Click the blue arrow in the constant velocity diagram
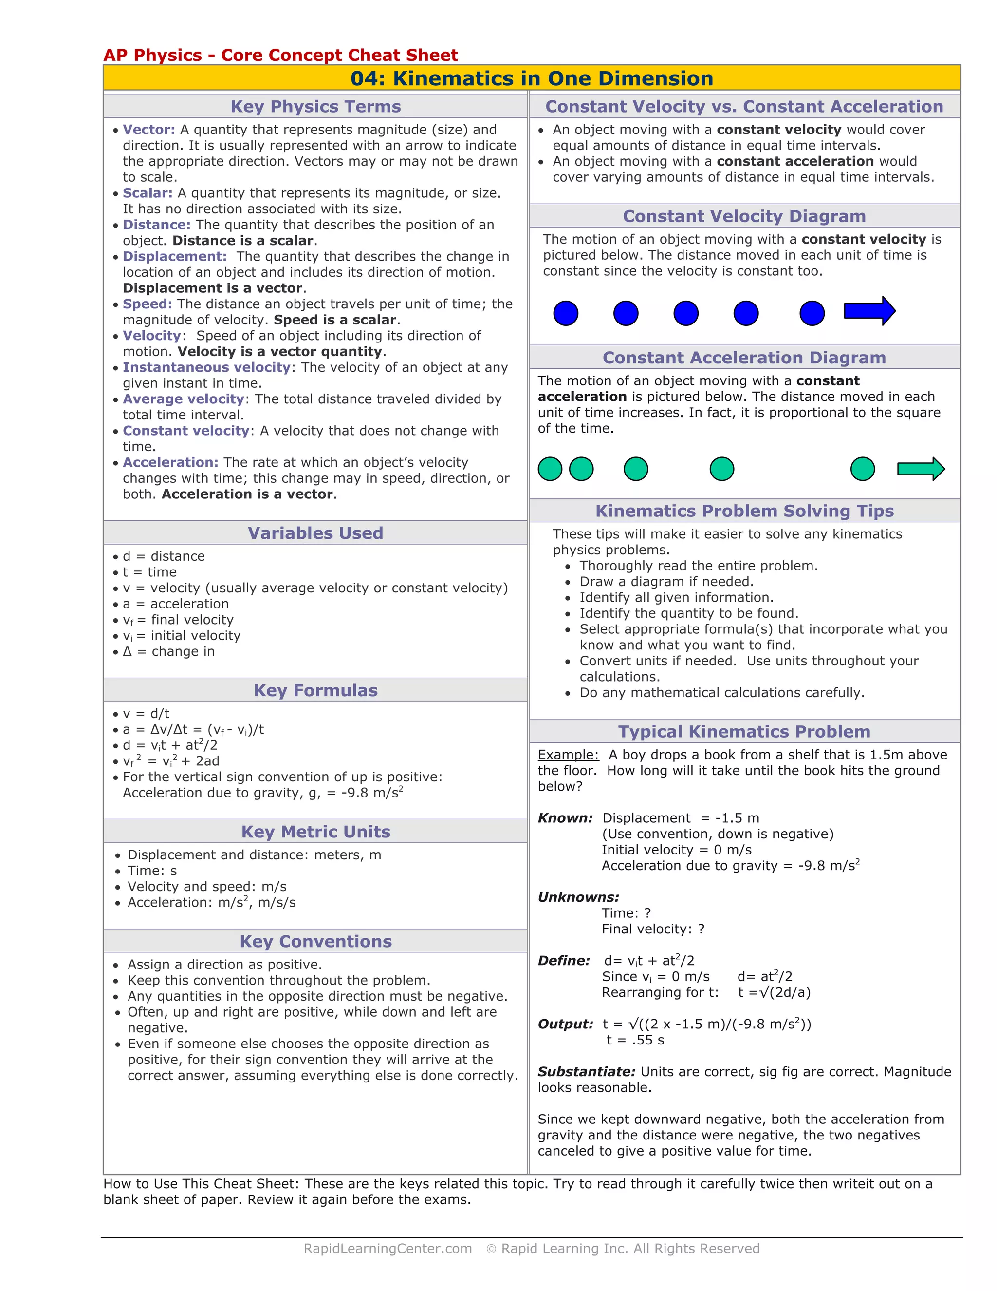tap(869, 311)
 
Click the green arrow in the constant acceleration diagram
tap(920, 469)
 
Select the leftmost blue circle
tap(565, 313)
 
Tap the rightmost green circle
tap(862, 469)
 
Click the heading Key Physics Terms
tap(315, 106)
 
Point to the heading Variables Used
tap(315, 533)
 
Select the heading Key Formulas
tap(315, 690)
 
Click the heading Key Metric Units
tap(315, 832)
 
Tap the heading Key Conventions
tap(315, 941)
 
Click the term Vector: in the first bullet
tap(149, 130)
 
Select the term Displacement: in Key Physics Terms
tap(174, 257)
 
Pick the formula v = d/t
tap(146, 714)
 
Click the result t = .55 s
tap(635, 1040)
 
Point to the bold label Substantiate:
tap(586, 1072)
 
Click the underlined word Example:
tap(568, 755)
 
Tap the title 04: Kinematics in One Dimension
tap(532, 78)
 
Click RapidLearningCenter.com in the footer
tap(388, 1249)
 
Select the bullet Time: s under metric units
tap(152, 871)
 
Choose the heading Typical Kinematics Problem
tap(744, 732)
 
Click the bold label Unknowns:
tap(578, 897)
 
